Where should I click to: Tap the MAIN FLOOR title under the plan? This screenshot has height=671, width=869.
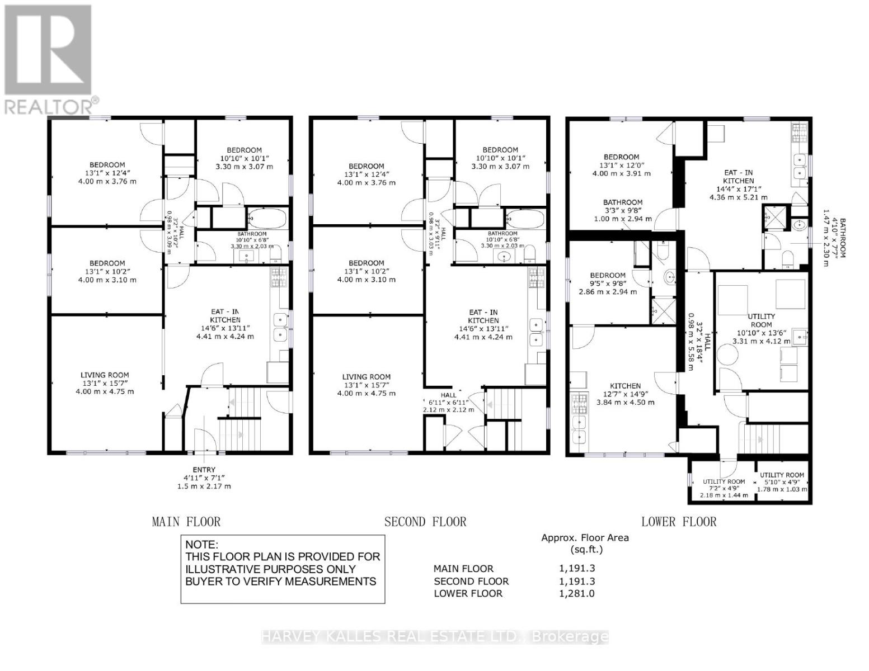(186, 522)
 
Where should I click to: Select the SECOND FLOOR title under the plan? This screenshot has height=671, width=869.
(425, 522)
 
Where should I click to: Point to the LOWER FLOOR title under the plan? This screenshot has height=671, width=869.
(679, 522)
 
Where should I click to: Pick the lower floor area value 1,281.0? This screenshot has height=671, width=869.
(576, 593)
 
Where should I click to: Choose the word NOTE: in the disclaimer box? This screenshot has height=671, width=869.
(202, 545)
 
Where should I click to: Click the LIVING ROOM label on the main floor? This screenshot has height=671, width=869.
(105, 375)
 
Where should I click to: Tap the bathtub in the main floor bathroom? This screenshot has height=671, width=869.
(267, 218)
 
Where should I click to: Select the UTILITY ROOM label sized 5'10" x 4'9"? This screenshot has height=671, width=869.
(782, 475)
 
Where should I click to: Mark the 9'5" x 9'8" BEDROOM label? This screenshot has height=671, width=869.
(608, 275)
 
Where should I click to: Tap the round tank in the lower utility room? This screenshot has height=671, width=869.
(727, 355)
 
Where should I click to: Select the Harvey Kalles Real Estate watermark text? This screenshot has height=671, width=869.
(435, 636)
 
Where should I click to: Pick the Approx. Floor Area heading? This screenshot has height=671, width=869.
(585, 538)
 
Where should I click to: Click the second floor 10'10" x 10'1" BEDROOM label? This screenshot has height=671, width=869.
(500, 150)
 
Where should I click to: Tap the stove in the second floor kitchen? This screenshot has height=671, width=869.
(537, 275)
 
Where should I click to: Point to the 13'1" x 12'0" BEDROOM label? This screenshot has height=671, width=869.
(621, 157)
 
